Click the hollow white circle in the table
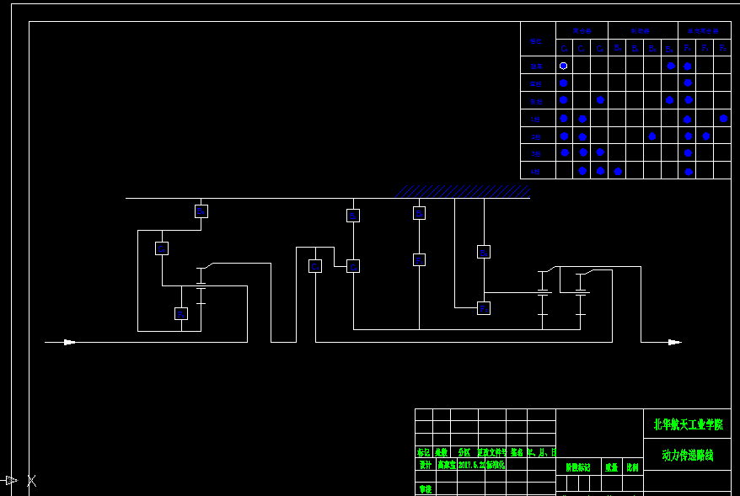tap(564, 66)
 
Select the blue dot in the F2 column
tap(723, 119)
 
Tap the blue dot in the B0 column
tap(618, 171)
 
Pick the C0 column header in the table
tap(564, 48)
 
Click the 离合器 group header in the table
tap(582, 30)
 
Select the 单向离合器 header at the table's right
tap(705, 30)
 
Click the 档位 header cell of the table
tap(537, 40)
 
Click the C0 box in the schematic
tap(162, 248)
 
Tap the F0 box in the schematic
tap(181, 313)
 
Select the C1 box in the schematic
tap(315, 266)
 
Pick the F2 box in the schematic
tap(484, 308)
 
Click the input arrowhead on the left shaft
tap(69, 342)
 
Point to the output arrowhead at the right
tap(673, 342)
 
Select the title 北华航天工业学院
tap(688, 424)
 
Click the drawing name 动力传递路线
tap(688, 455)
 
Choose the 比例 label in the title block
tap(632, 467)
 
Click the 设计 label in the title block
tap(425, 464)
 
